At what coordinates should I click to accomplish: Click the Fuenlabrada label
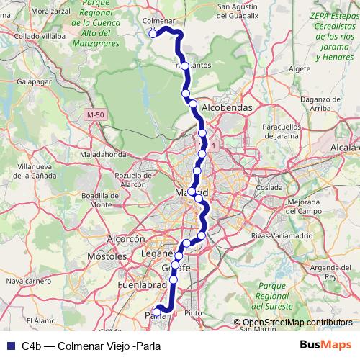[x=142, y=285]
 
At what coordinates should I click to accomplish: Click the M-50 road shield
[x=94, y=115]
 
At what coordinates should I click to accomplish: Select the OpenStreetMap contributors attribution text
[x=297, y=322]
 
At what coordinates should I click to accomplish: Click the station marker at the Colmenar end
[x=153, y=33]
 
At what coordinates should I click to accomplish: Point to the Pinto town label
[x=192, y=313]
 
